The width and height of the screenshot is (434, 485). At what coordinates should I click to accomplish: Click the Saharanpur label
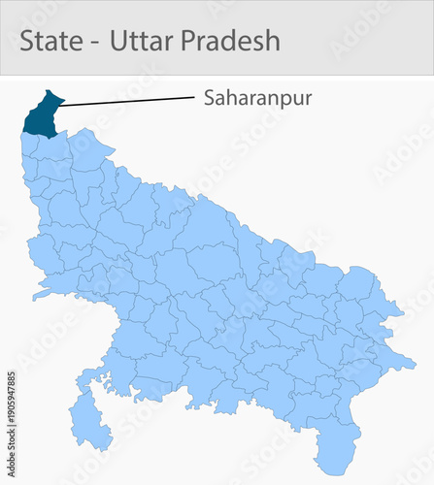point(257,98)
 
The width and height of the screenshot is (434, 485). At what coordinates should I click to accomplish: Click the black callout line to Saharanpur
point(126,100)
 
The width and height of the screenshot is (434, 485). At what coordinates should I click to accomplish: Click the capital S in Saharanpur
point(210,98)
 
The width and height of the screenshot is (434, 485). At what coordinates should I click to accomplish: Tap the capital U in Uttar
point(118,41)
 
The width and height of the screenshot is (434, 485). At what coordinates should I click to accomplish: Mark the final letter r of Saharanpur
point(308,98)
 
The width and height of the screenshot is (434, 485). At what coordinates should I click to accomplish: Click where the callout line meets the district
point(60,105)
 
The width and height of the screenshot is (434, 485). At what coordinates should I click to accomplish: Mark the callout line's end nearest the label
point(194,96)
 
